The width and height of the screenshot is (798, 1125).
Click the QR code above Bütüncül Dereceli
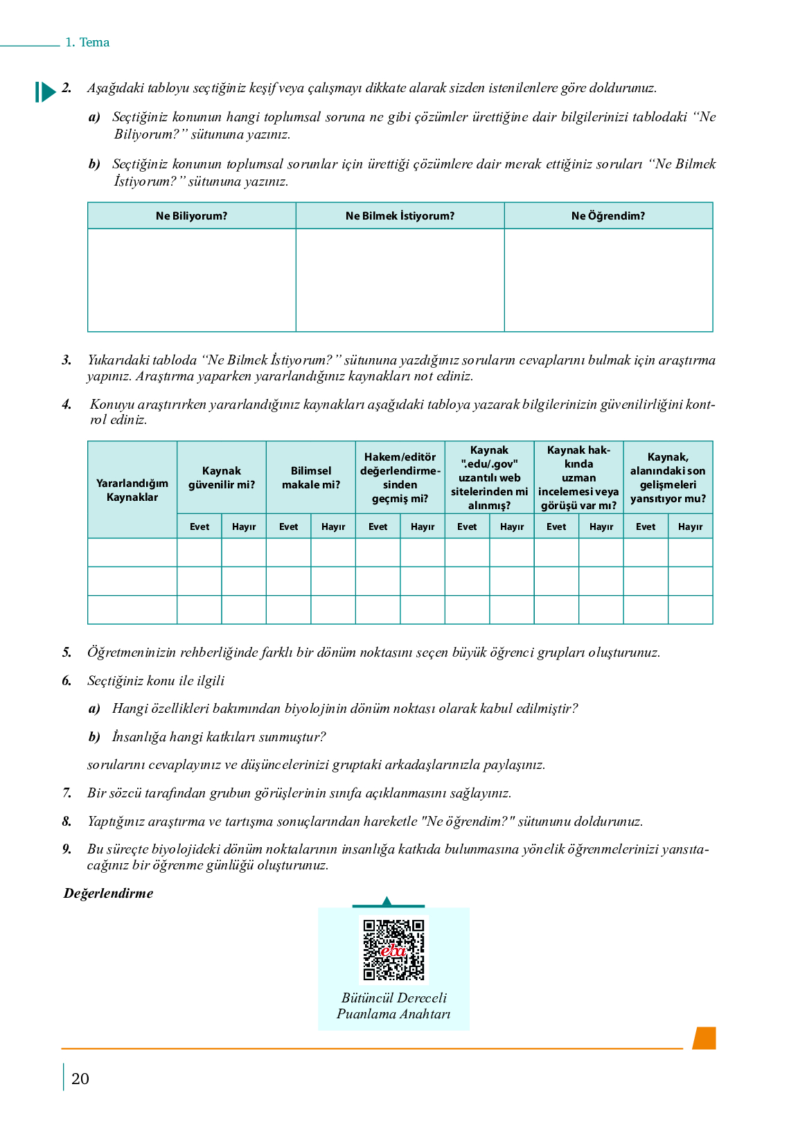click(393, 949)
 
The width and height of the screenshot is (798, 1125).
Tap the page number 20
click(80, 1079)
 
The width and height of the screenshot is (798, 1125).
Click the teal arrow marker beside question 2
click(45, 91)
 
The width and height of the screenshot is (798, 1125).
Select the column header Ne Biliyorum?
click(192, 216)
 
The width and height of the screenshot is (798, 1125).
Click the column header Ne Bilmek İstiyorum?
click(400, 216)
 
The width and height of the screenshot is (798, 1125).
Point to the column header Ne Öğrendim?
click(608, 216)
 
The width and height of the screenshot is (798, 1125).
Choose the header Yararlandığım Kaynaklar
click(132, 490)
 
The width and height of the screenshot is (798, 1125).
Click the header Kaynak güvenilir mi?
click(222, 478)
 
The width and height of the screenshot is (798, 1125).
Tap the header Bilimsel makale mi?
click(311, 478)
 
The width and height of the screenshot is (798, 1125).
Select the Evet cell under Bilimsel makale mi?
click(289, 526)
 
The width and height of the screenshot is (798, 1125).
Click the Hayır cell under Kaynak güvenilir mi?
click(244, 526)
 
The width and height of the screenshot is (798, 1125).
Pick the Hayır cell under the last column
click(691, 526)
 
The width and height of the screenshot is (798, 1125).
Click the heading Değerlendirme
click(109, 894)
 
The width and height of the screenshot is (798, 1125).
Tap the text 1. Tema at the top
click(87, 42)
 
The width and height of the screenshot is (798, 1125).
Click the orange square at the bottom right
click(704, 1038)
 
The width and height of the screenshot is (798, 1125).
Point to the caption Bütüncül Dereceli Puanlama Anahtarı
click(393, 1006)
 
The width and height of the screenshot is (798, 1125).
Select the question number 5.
click(66, 653)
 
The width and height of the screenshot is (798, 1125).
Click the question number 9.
click(66, 849)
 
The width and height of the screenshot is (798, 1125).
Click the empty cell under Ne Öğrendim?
click(608, 280)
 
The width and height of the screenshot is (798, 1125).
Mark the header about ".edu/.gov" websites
click(490, 478)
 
